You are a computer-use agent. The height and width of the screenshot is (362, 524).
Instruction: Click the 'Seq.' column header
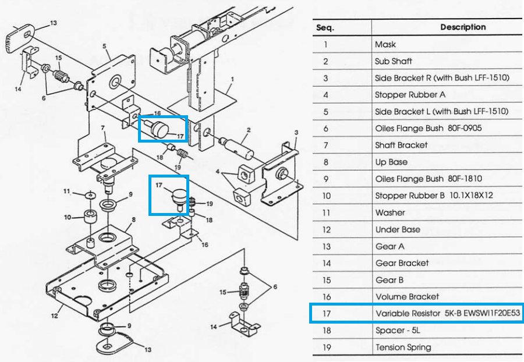[325, 27]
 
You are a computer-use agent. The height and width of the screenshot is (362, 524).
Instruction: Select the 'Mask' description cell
[385, 44]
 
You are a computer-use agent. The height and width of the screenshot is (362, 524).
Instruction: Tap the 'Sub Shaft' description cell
[394, 61]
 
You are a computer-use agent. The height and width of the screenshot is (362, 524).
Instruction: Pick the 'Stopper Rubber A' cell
[409, 95]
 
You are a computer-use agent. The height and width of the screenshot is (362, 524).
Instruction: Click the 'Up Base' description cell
[391, 162]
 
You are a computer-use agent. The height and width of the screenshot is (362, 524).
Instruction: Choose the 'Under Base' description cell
[398, 230]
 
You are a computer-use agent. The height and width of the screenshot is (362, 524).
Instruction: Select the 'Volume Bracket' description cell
[407, 297]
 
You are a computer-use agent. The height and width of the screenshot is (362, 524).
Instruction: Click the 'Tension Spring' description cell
[403, 347]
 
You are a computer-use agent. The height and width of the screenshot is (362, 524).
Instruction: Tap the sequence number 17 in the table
[327, 314]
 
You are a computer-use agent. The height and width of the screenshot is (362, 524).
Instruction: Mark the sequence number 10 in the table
[327, 196]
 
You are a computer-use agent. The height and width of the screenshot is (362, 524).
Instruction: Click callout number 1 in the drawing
[231, 79]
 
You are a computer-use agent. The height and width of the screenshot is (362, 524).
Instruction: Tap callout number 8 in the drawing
[133, 219]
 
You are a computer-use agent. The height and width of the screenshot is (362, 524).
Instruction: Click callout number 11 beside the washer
[67, 191]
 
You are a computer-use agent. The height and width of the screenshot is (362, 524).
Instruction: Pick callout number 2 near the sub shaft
[249, 129]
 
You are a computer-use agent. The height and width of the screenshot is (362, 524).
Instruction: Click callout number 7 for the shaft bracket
[102, 127]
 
